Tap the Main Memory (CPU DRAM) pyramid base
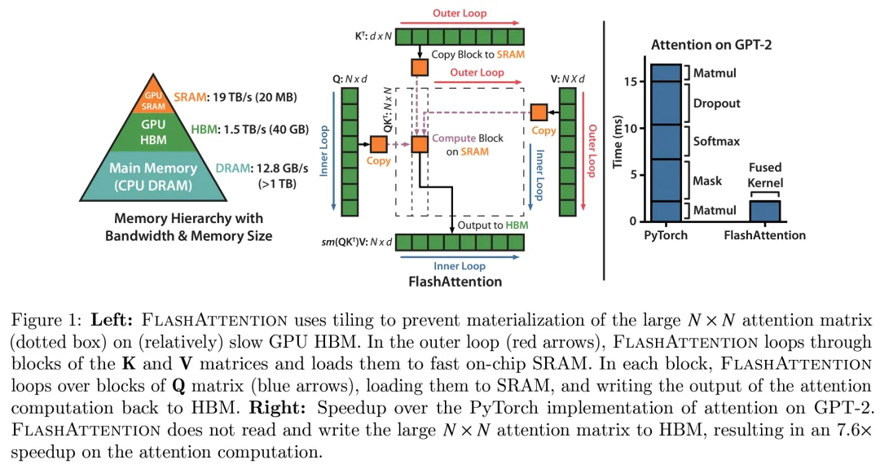[152, 175]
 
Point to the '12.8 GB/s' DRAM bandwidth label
[268, 167]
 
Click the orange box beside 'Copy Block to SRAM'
[420, 67]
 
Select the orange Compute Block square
[420, 144]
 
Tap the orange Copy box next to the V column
[539, 112]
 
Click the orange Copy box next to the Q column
[379, 144]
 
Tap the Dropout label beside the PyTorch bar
[716, 103]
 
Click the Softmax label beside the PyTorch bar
[716, 141]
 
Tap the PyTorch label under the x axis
[665, 235]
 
